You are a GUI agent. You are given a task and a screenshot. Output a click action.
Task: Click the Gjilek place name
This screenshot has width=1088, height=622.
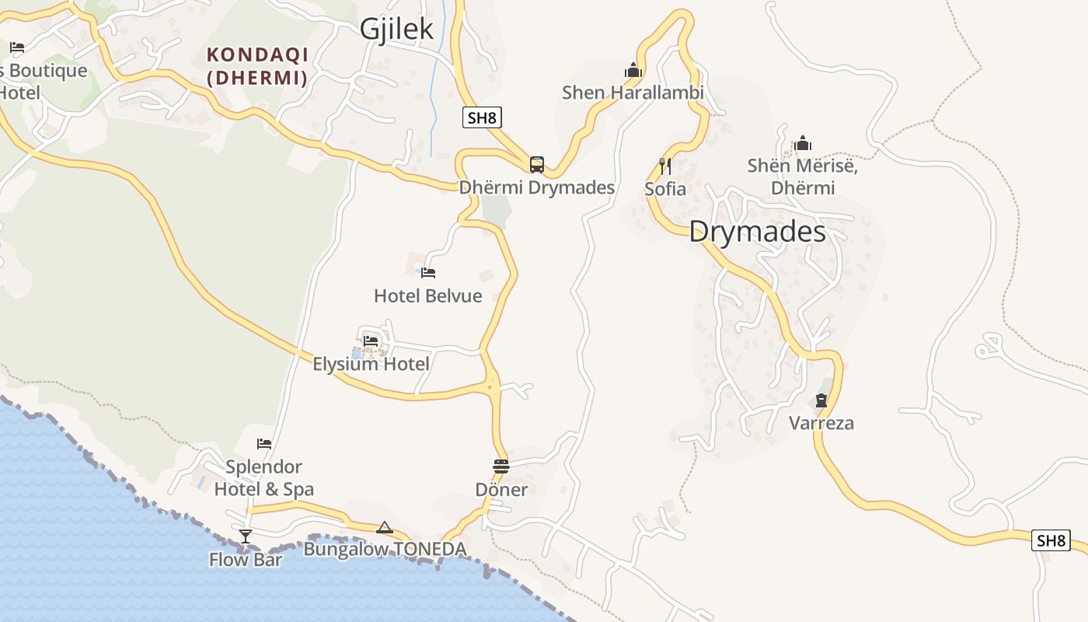click(x=396, y=30)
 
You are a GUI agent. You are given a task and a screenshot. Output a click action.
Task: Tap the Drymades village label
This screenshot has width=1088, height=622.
click(x=757, y=232)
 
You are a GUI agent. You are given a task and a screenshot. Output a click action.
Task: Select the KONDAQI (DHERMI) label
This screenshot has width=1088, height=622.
click(x=257, y=66)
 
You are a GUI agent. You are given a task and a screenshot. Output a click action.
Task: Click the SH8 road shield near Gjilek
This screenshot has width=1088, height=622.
click(x=482, y=118)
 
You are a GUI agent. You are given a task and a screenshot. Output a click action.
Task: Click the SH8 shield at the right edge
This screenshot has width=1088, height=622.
click(x=1051, y=540)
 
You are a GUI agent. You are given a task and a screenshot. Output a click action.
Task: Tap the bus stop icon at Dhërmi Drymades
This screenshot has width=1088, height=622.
click(x=537, y=164)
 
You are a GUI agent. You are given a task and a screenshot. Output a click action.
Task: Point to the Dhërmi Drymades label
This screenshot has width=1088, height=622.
click(x=537, y=187)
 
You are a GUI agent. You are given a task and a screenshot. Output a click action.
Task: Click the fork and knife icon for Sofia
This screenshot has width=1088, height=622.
click(x=664, y=166)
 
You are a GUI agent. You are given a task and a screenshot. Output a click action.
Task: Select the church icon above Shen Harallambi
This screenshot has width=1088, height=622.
click(x=633, y=71)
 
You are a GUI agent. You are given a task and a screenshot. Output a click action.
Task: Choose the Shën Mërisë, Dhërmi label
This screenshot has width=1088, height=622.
click(x=802, y=176)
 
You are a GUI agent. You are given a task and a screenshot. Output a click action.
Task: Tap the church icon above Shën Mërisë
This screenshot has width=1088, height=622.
click(x=803, y=144)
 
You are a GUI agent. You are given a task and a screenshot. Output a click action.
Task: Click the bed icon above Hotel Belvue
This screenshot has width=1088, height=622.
click(x=428, y=273)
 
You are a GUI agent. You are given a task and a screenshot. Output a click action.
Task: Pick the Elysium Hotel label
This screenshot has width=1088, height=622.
click(x=371, y=364)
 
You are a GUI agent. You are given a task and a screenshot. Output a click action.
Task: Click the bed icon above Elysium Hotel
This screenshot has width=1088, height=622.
click(x=371, y=341)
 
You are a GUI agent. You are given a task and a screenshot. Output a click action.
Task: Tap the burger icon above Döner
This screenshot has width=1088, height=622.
click(x=501, y=466)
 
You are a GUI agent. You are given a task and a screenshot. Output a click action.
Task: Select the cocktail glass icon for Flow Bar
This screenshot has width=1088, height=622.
click(x=246, y=536)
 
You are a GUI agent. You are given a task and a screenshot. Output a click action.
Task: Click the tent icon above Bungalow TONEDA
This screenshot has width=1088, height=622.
click(x=385, y=528)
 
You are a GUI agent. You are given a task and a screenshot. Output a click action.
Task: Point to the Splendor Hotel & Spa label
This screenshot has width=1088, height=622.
click(x=264, y=477)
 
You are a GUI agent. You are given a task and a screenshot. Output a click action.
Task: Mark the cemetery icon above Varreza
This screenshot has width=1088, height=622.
click(x=821, y=401)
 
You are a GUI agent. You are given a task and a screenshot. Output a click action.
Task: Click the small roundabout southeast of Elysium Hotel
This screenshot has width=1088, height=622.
click(x=490, y=385)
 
